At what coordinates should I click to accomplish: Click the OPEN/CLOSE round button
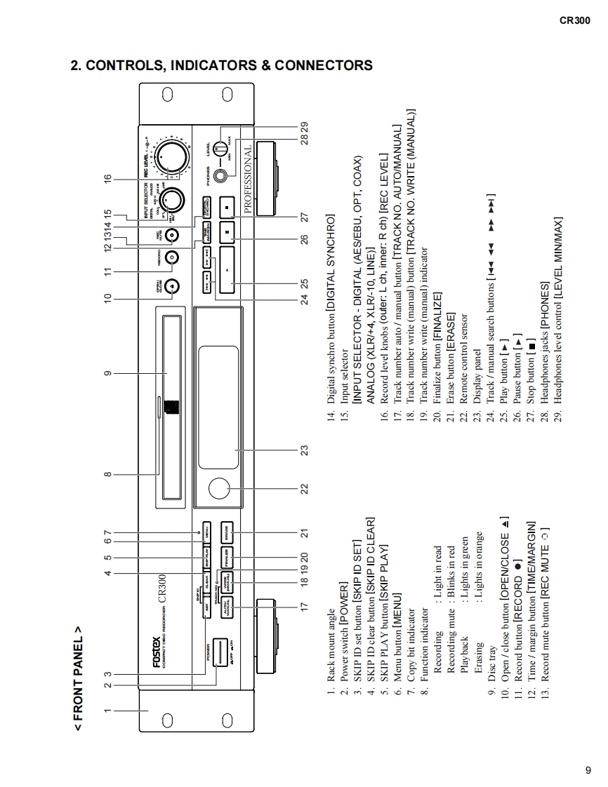tap(172, 285)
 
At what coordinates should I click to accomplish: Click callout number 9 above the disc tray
tap(107, 373)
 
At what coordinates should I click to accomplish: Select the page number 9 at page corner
tap(588, 770)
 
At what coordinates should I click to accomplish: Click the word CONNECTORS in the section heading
tap(324, 66)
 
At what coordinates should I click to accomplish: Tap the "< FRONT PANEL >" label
tap(78, 678)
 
